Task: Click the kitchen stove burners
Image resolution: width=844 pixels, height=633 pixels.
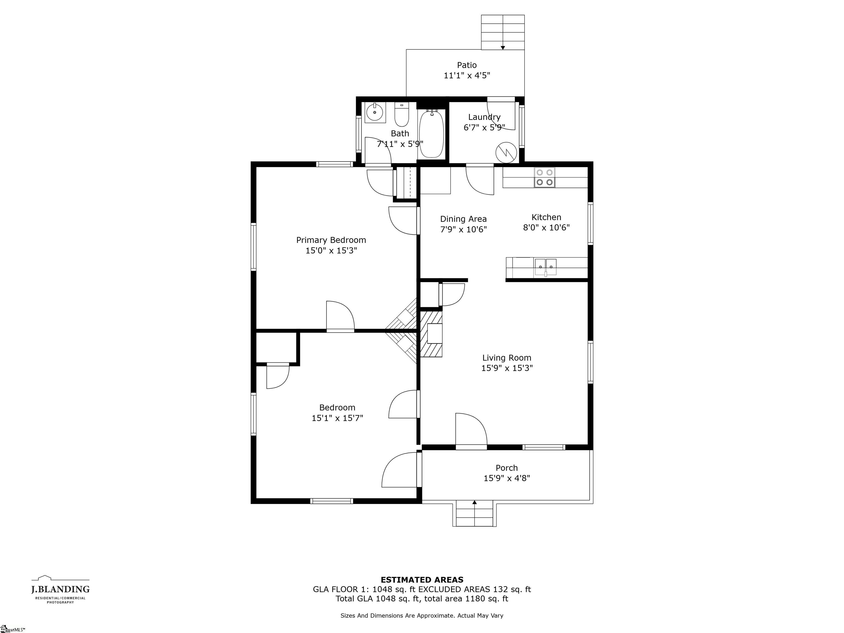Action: pyautogui.click(x=545, y=177)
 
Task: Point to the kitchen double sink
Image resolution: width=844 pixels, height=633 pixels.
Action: pyautogui.click(x=546, y=266)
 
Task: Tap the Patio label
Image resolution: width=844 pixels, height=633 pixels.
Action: pyautogui.click(x=467, y=65)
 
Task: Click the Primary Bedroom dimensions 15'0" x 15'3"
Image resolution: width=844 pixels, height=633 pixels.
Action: pyautogui.click(x=331, y=251)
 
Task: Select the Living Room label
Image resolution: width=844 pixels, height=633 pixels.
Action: pyautogui.click(x=507, y=358)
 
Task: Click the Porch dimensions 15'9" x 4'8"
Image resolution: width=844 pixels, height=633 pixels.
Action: pyautogui.click(x=507, y=478)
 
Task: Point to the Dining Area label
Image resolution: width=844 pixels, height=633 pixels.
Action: pyautogui.click(x=463, y=219)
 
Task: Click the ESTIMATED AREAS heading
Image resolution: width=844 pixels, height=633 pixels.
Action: pyautogui.click(x=422, y=580)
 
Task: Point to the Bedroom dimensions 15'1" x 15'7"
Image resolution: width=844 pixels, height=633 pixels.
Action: pyautogui.click(x=337, y=418)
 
